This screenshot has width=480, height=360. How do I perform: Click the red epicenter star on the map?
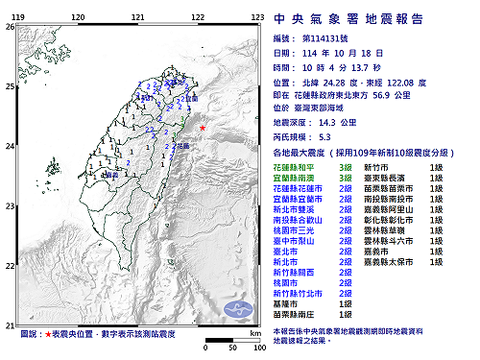(x=202, y=127)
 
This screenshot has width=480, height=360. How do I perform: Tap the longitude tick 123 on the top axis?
(x=257, y=17)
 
